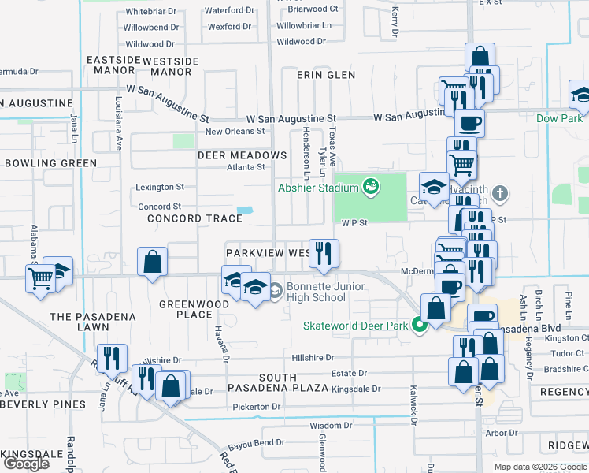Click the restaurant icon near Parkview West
(x=324, y=254)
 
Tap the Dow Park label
(x=559, y=118)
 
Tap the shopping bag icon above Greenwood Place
(x=152, y=263)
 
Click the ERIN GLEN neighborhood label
(x=326, y=75)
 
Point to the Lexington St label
(x=159, y=188)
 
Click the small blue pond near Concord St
(x=245, y=210)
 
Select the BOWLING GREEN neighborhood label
(x=50, y=163)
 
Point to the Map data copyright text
(x=539, y=467)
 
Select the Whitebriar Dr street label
(x=151, y=12)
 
